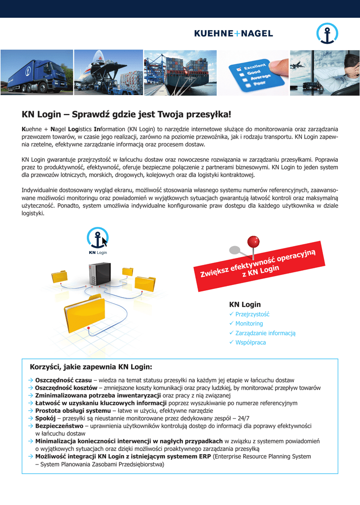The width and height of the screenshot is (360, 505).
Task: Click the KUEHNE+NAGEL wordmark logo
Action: (x=233, y=34)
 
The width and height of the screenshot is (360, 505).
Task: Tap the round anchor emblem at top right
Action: (x=327, y=34)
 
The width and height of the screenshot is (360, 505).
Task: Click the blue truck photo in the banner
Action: (x=36, y=72)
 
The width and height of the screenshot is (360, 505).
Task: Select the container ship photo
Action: (x=180, y=72)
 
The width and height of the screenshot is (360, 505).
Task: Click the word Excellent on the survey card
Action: (x=255, y=67)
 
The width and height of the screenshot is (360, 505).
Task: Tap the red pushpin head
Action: (x=253, y=241)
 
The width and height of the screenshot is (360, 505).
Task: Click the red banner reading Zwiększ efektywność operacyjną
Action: (x=260, y=264)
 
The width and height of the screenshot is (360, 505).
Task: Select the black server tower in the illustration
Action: (x=95, y=274)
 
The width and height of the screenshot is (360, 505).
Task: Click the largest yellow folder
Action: (x=84, y=311)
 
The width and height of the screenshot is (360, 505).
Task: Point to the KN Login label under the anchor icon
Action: (x=98, y=252)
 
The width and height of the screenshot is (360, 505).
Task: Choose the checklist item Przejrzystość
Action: (x=252, y=314)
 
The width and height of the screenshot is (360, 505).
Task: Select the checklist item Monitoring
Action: (x=249, y=324)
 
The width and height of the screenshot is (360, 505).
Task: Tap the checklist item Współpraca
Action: (x=251, y=342)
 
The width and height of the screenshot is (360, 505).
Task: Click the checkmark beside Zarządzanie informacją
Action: (x=231, y=333)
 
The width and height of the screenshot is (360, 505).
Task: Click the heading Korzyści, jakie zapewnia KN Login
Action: (x=91, y=367)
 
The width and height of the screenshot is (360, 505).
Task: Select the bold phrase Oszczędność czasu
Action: (x=64, y=380)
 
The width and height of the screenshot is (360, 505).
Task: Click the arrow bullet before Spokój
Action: (x=31, y=418)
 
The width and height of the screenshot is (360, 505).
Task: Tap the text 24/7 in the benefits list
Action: (x=244, y=418)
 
